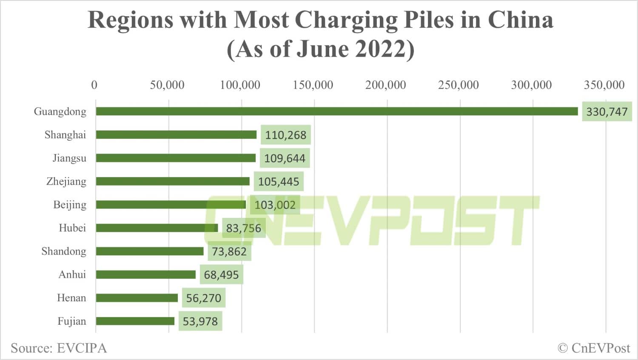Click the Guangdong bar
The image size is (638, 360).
click(336, 111)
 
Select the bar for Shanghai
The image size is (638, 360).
click(176, 135)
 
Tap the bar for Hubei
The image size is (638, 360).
click(157, 228)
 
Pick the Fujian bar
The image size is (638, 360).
click(135, 321)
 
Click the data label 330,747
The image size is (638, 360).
click(607, 112)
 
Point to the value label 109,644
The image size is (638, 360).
click(285, 158)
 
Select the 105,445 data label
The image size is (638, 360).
click(279, 182)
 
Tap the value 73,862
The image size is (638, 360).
click(229, 251)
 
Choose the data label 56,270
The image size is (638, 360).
click(203, 298)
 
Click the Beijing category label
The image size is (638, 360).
click(70, 205)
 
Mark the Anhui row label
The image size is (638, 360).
click(72, 274)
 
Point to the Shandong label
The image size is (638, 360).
click(64, 251)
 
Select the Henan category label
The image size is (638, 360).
click(71, 298)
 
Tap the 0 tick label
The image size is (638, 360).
click(94, 85)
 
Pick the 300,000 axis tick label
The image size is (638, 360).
click(531, 85)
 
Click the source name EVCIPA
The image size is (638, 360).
click(82, 348)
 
